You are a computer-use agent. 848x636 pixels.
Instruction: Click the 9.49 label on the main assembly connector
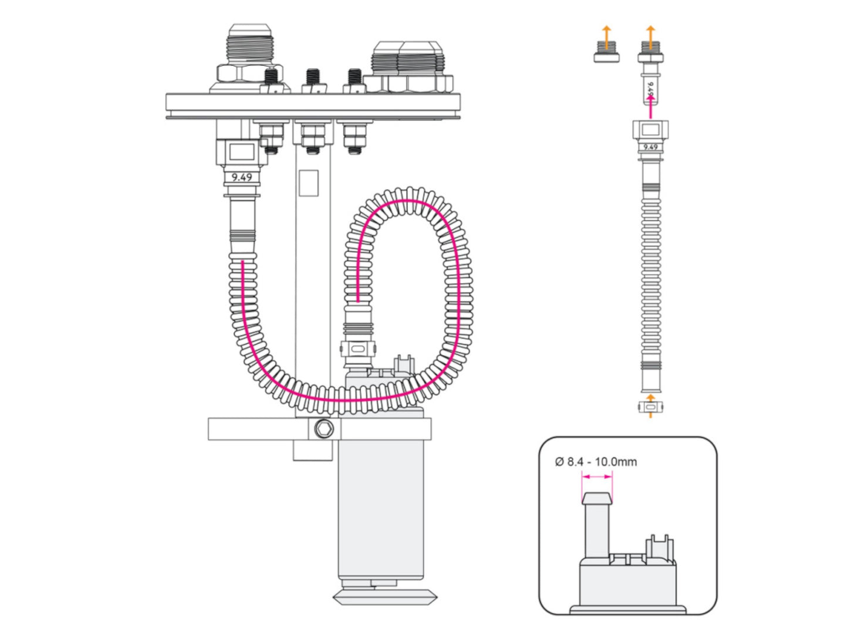click(242, 177)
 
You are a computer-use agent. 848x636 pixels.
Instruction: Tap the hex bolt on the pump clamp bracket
click(323, 429)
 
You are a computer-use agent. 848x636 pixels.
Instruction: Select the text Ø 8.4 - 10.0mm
click(596, 462)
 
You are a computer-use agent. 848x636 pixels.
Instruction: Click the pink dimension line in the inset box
click(597, 477)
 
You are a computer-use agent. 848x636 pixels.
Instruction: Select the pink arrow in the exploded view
click(650, 106)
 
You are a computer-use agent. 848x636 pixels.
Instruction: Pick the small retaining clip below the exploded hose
click(650, 406)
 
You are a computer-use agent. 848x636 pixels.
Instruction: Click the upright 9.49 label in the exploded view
click(650, 147)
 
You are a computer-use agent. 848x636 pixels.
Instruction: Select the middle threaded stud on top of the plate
click(313, 79)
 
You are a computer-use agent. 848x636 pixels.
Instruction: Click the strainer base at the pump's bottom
click(385, 597)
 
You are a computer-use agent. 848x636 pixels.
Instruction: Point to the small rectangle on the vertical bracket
click(309, 183)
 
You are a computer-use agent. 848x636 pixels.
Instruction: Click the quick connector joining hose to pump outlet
click(357, 349)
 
